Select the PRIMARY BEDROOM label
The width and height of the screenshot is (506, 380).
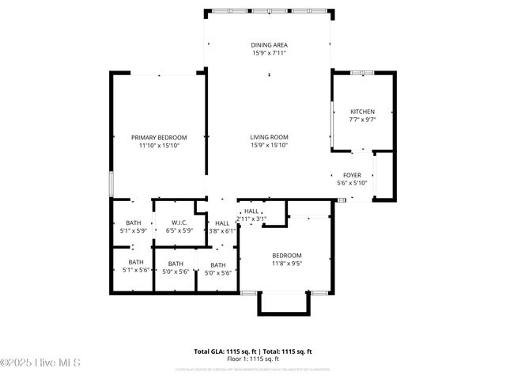coord(159,137)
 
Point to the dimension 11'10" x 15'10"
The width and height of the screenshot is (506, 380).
coord(159,146)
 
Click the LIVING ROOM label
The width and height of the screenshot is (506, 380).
coord(269,137)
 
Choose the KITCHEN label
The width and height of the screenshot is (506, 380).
coord(362,112)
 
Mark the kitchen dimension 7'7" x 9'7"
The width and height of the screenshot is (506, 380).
coord(362,120)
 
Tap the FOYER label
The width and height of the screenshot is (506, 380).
coord(352,176)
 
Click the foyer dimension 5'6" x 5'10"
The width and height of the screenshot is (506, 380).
coord(352,184)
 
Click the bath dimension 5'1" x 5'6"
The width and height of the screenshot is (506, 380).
coord(136,271)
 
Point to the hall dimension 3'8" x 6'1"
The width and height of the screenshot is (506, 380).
coord(222,231)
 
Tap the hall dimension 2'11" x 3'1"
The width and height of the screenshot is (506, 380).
coord(252,219)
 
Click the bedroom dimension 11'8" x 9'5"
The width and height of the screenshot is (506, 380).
coord(286,263)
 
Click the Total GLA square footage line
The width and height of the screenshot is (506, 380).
coord(253,351)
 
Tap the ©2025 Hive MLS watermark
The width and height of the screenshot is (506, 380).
coord(41,363)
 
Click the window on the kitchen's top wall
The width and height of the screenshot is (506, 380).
coord(362,73)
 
